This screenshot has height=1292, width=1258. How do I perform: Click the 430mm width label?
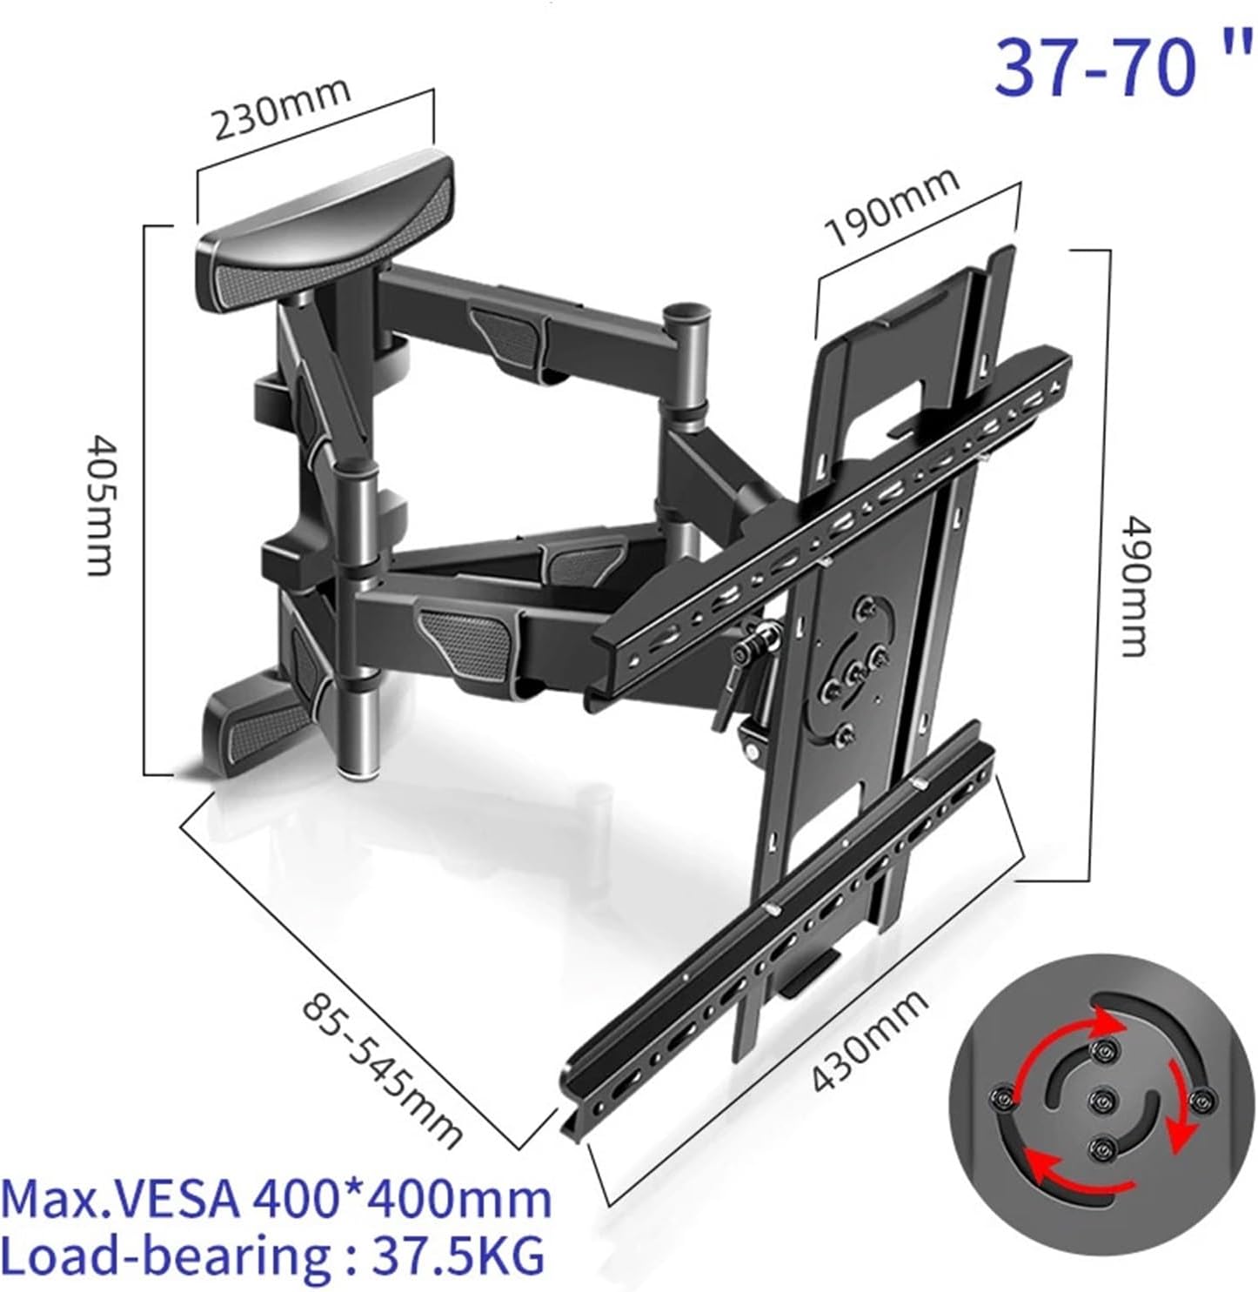coord(869,1041)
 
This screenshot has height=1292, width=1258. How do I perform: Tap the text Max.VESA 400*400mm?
coord(277,1199)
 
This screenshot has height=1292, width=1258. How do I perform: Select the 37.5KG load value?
coord(459,1255)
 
